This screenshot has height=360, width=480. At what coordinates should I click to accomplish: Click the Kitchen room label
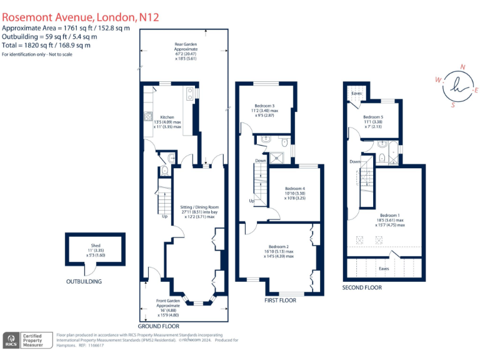167,117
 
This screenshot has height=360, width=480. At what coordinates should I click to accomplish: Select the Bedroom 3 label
266,106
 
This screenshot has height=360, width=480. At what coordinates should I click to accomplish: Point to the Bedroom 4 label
295,188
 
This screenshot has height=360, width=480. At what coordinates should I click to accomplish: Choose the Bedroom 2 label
279,247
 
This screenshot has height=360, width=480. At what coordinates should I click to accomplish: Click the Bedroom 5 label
373,117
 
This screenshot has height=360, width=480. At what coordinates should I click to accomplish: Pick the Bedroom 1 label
391,216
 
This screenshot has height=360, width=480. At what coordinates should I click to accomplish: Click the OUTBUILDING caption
84,282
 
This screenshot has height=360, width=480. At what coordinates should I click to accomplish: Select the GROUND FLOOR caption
158,326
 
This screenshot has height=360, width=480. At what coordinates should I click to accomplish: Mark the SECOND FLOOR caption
362,287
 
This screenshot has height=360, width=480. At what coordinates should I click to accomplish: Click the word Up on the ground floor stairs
164,217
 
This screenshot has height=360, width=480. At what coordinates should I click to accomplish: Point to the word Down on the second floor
355,161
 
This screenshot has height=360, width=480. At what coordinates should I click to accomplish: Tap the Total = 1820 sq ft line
47,45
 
